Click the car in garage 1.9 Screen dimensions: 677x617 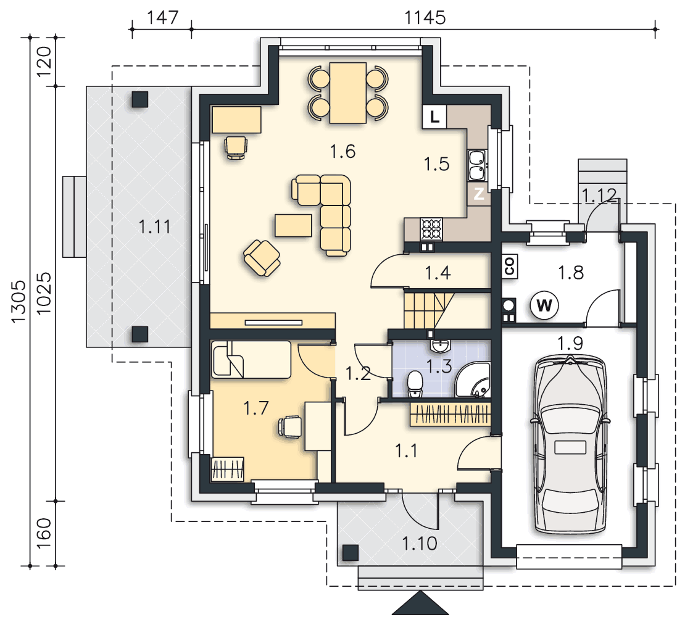(x=570, y=444)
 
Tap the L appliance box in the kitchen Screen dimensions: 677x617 (x=434, y=117)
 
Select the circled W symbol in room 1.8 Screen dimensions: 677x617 (x=544, y=305)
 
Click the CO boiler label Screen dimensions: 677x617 (x=510, y=267)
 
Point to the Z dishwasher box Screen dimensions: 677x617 (x=478, y=194)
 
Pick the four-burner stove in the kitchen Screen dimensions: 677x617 (x=432, y=229)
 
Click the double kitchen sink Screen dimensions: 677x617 (x=477, y=165)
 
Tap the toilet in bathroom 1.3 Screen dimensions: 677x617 (x=415, y=384)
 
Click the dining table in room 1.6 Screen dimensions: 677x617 (x=348, y=93)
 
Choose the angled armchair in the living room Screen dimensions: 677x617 (x=262, y=258)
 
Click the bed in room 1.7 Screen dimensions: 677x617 (x=251, y=360)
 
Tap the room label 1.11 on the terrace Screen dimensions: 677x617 (x=154, y=226)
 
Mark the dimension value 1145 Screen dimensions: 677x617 (x=425, y=18)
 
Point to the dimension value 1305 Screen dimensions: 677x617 (x=19, y=301)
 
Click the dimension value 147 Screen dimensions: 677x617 (x=163, y=18)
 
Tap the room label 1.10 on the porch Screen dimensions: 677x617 (x=420, y=544)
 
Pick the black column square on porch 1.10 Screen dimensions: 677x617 (x=351, y=553)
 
